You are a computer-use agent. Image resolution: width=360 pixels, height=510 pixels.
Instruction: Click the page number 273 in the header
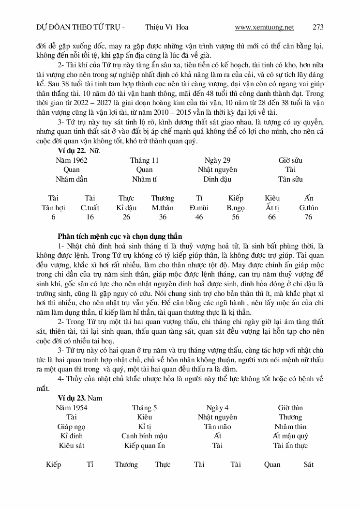point(318,27)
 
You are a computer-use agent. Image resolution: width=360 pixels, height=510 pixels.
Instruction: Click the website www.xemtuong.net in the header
point(264,27)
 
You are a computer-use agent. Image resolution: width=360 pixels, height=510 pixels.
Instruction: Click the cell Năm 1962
point(72,160)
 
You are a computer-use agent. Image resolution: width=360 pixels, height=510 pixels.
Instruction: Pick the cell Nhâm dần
point(72,179)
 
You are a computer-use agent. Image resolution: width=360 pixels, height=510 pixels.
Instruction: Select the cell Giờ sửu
point(290,160)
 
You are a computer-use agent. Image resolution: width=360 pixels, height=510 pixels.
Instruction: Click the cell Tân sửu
point(290,179)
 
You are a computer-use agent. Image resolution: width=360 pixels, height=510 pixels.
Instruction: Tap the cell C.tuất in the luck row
point(90,208)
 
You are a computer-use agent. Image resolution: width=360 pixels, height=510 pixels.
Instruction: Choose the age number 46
point(199,217)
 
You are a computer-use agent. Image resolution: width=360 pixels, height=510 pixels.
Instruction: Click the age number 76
point(308,217)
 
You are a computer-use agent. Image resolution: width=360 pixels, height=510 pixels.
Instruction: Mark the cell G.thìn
point(308,208)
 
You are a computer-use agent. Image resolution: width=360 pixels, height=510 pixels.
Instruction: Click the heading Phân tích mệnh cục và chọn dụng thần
point(120,236)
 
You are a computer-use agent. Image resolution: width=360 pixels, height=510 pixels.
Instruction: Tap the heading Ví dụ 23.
point(70,398)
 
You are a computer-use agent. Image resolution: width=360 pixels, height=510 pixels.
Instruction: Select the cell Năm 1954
point(72,408)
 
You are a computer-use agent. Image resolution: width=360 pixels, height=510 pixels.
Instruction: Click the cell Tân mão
point(217,427)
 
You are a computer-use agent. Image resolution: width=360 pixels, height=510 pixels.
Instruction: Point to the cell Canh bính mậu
point(144,436)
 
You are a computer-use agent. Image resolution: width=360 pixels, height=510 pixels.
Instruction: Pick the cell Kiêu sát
point(72,446)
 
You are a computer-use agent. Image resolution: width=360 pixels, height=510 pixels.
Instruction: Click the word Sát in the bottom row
point(308,464)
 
